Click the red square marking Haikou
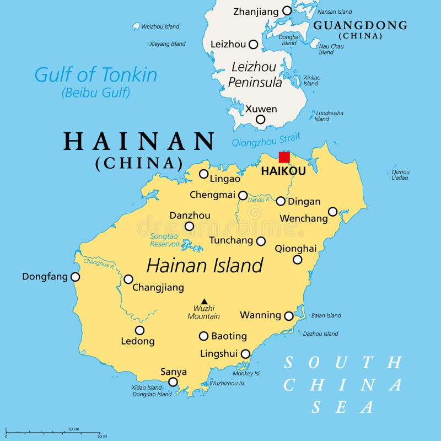coord(284,157)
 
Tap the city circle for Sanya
coord(173,382)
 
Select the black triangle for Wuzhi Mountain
coord(204,301)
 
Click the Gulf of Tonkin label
coord(95,75)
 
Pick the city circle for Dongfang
coord(75,277)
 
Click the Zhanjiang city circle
coord(287,10)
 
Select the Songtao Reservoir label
coord(165,240)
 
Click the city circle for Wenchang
coord(332,212)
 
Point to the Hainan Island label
coord(205,266)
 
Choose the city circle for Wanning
coord(288,316)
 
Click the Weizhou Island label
coord(160,26)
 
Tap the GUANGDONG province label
coord(360,25)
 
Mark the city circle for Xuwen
coord(260,119)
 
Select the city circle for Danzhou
coord(189,226)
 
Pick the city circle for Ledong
coord(140,330)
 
